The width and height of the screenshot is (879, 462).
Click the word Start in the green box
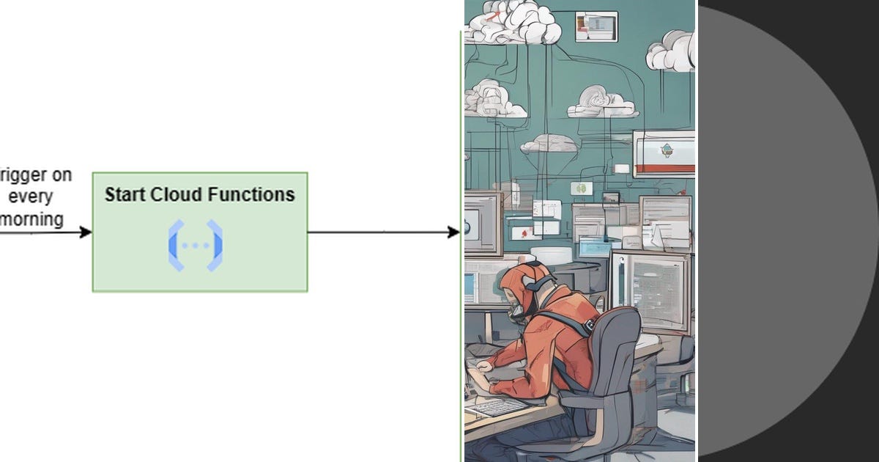(x=125, y=194)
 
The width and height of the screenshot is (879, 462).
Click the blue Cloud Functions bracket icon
(x=196, y=245)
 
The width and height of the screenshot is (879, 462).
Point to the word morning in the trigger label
(x=32, y=219)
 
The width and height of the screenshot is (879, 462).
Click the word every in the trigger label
(x=31, y=197)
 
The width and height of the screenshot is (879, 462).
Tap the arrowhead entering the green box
(x=86, y=232)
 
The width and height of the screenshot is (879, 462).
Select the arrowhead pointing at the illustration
(x=453, y=232)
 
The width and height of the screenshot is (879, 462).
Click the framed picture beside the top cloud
(x=596, y=26)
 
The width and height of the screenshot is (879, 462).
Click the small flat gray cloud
(x=549, y=143)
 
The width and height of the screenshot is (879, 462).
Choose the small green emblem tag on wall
(x=582, y=188)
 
